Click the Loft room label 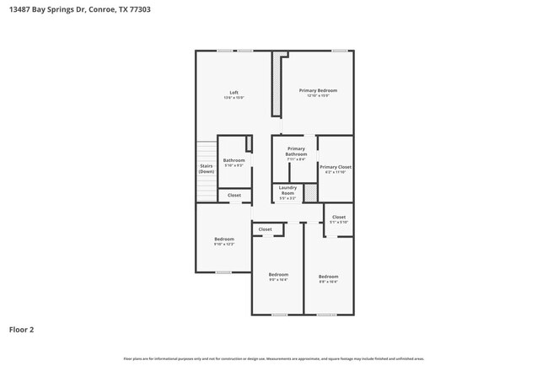[x=234, y=92]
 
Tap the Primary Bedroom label [x=319, y=89]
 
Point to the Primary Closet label [x=335, y=167]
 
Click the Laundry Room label [x=287, y=190]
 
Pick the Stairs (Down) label [x=207, y=169]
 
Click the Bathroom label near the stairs [x=234, y=160]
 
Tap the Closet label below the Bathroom [x=234, y=195]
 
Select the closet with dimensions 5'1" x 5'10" [x=339, y=222]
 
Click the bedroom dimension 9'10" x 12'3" [x=223, y=245]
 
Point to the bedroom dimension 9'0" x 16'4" [x=278, y=279]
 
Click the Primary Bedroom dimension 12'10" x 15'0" [x=319, y=95]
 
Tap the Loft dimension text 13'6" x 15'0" [x=234, y=98]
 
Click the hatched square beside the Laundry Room [x=310, y=193]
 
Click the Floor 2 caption [x=22, y=329]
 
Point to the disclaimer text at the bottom [x=274, y=358]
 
